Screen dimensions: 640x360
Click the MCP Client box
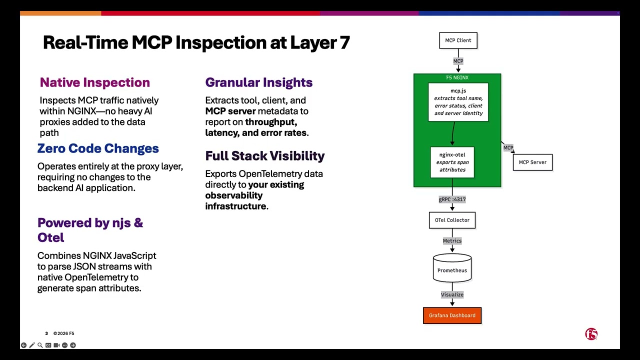(x=458, y=40)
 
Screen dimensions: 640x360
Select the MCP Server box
(x=532, y=162)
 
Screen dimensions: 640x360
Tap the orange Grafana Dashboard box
(x=452, y=315)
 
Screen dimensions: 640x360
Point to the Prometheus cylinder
(x=452, y=268)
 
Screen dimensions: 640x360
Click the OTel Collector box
(x=452, y=220)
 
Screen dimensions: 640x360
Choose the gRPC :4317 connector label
(x=452, y=199)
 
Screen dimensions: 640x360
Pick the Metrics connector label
(x=452, y=241)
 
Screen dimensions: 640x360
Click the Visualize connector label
(x=452, y=294)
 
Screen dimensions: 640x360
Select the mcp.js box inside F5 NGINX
(x=458, y=102)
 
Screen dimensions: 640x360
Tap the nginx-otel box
(x=452, y=162)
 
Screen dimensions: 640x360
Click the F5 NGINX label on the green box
(x=457, y=77)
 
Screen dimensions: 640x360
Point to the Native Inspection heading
(x=95, y=82)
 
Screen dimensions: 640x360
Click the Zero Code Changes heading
(x=98, y=148)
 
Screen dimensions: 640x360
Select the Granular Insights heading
(x=259, y=82)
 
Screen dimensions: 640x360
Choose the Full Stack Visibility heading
(x=265, y=156)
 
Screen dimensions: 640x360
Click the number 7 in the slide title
(x=345, y=43)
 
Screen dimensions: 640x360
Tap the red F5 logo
(x=591, y=334)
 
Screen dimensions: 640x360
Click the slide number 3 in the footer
(x=46, y=333)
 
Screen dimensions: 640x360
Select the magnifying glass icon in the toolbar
(x=40, y=345)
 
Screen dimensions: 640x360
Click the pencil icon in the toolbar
(x=31, y=345)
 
